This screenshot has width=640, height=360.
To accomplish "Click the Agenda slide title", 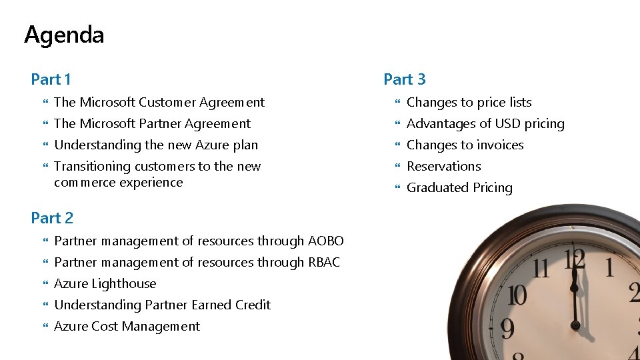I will (x=64, y=35).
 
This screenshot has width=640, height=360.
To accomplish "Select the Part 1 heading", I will (x=51, y=79).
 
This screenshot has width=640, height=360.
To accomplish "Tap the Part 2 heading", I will (x=52, y=218).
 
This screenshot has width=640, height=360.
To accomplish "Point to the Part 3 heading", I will (x=404, y=79).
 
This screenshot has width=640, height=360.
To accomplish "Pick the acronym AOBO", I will (x=326, y=241).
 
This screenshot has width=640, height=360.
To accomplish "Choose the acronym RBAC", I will (x=325, y=263).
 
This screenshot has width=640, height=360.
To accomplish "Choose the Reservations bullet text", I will (x=443, y=167).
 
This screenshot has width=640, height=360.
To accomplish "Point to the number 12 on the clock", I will (x=574, y=259).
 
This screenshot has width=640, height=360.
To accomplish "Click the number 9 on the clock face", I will (x=507, y=328).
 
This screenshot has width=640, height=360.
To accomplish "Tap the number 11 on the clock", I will (x=540, y=269).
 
